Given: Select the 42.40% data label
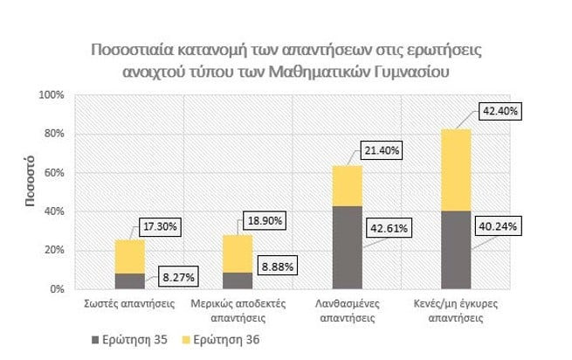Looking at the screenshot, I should click(x=495, y=113).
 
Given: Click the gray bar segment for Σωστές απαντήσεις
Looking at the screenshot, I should click(x=129, y=280).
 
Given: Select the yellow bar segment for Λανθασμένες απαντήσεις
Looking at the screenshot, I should click(x=347, y=185).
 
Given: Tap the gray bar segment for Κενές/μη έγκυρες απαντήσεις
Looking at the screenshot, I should click(x=456, y=249).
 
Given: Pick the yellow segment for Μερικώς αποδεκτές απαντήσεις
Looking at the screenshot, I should click(x=238, y=253).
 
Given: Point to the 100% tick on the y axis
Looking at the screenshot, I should click(x=53, y=94).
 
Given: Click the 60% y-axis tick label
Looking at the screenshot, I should click(x=56, y=172).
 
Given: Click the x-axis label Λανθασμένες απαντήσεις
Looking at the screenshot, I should click(x=347, y=312).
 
